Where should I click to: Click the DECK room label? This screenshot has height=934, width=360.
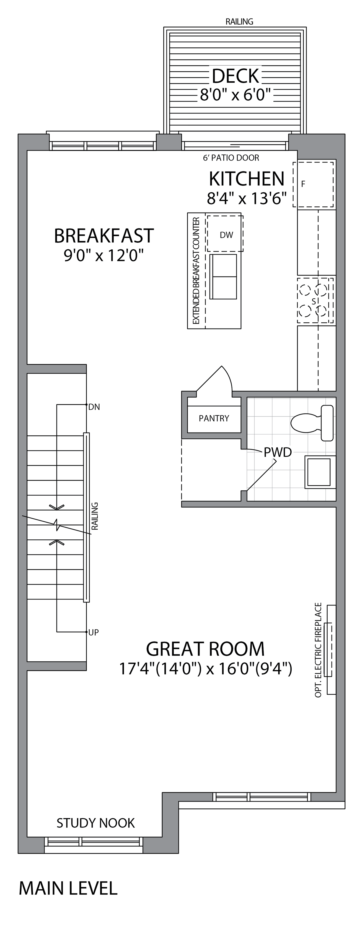coord(236,76)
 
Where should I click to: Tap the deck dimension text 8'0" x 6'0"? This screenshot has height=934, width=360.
coord(236,95)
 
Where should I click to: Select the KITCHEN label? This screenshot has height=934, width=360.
coord(247,179)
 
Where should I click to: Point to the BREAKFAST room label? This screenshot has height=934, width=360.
coord(104,236)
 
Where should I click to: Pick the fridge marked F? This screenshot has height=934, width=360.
coord(313,185)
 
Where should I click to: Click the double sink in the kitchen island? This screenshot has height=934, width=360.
coord(223,277)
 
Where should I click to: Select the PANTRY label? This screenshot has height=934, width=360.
coord(214,418)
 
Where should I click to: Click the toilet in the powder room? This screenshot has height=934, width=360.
coord(312,423)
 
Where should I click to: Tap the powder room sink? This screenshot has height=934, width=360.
coord(319,472)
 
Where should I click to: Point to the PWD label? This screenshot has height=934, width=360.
coord(278,452)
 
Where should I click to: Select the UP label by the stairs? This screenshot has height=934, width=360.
coord(94,632)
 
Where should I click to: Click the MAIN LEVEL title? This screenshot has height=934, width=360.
coord(68,888)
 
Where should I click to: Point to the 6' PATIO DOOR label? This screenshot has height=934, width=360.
coord(231,158)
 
